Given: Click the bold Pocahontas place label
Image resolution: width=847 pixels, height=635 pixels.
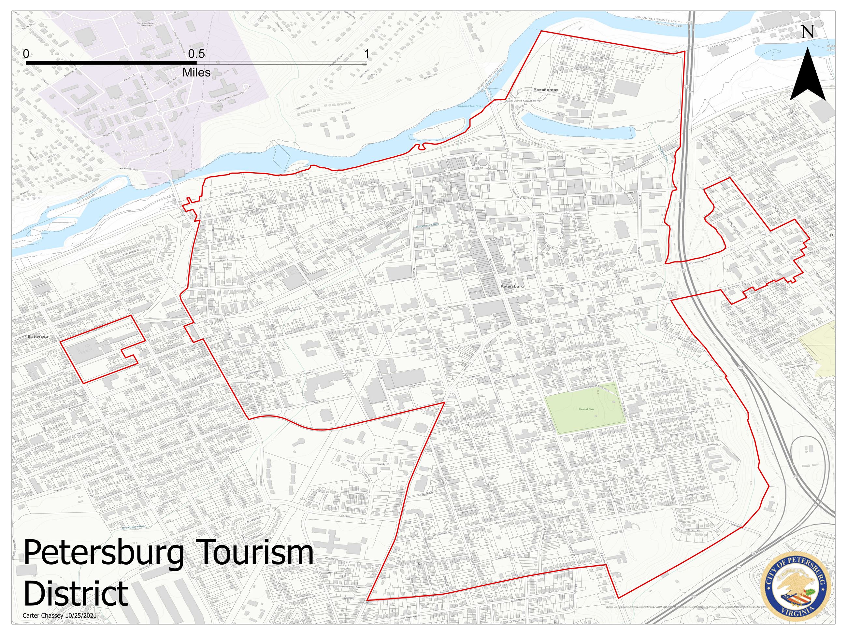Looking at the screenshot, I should tap(546, 90).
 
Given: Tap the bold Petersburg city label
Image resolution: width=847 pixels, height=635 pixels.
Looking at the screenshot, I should tap(512, 286).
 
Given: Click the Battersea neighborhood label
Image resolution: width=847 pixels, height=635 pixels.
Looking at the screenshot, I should tap(38, 336).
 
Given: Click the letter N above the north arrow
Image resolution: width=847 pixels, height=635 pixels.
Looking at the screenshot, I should tap(808, 32).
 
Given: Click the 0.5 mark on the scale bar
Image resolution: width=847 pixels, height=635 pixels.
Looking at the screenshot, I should tap(196, 54).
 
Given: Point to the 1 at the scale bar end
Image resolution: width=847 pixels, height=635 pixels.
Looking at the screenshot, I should tap(366, 54).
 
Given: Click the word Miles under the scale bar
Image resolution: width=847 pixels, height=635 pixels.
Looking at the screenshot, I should tap(196, 72).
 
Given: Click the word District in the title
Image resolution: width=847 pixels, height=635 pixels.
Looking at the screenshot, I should tap(76, 593).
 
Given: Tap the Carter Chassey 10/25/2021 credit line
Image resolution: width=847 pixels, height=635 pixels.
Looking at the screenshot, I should tap(59, 615).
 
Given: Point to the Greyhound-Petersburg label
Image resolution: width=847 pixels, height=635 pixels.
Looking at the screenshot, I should tap(557, 286).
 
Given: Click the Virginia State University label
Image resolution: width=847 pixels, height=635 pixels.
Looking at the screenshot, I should tap(146, 24).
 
